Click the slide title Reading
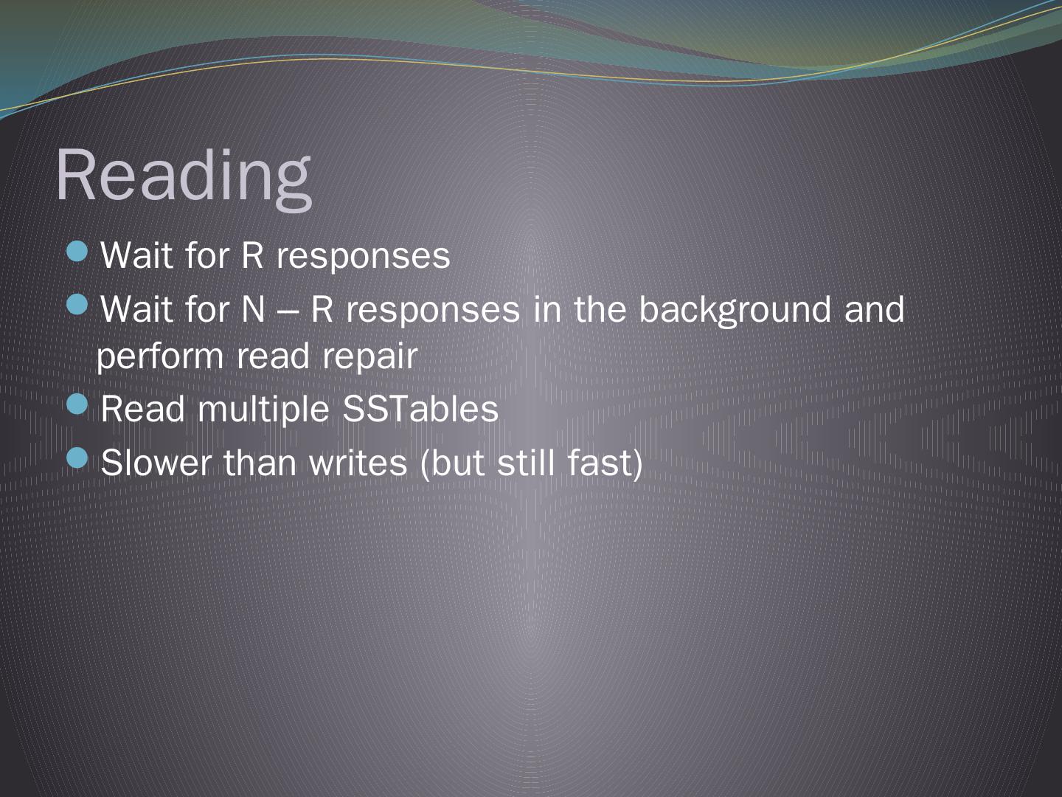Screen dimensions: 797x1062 pos(184,176)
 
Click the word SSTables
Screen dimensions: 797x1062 pos(420,408)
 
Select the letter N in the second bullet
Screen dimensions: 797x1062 pos(253,309)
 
